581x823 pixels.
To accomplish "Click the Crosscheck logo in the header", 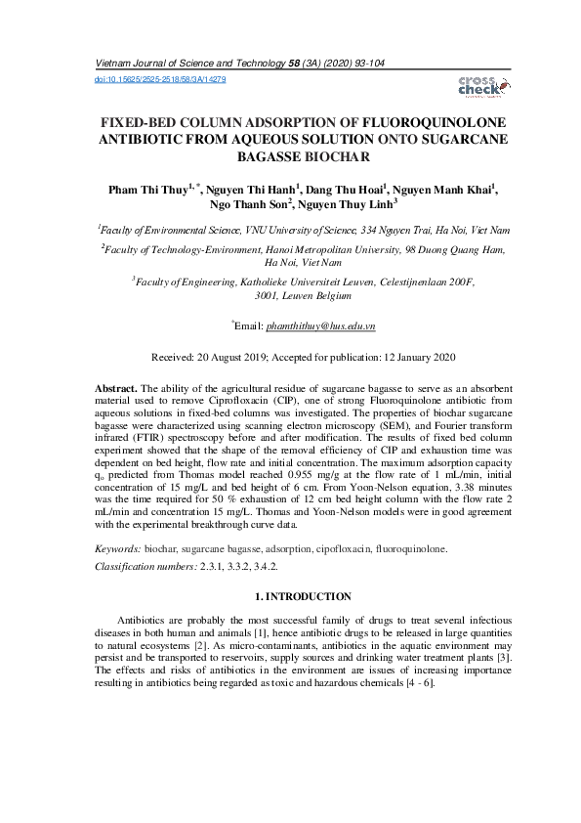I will (477, 86).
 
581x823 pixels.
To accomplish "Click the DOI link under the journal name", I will (159, 78).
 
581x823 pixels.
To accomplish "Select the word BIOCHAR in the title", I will (313, 155).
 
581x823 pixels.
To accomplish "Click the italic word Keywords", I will (117, 549).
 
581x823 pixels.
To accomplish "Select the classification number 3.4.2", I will (264, 566).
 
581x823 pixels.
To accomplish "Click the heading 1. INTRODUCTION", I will (303, 595).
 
